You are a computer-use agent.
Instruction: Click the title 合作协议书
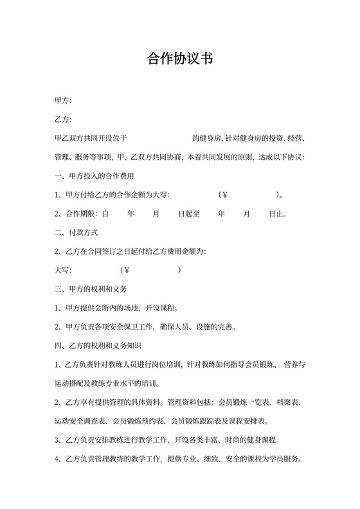point(180,60)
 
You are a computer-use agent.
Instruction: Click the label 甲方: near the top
point(64,101)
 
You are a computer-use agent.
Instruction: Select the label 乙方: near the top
point(64,120)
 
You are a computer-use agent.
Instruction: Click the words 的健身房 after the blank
point(206,138)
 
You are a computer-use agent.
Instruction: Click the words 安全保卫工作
point(130,327)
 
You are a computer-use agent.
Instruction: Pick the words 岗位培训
point(166,365)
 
